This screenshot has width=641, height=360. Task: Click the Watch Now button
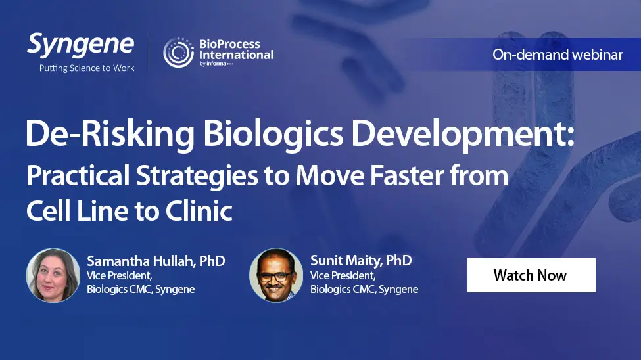[x=531, y=275]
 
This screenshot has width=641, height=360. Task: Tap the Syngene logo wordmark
[x=80, y=45]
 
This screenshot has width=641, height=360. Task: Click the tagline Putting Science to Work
[x=87, y=68]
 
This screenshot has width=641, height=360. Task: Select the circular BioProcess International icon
[x=178, y=53]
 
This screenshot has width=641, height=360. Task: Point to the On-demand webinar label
[x=558, y=55]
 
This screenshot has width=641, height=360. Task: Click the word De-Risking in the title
[x=110, y=134]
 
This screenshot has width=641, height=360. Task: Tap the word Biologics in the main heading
[x=273, y=134]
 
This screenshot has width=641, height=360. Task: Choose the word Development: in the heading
[x=463, y=134]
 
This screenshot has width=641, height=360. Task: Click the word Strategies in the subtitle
[x=197, y=175]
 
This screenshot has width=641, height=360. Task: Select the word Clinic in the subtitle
[x=199, y=210]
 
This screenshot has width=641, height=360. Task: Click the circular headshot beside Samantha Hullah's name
[x=53, y=275]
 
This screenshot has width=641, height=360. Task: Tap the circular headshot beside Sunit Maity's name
[x=276, y=275]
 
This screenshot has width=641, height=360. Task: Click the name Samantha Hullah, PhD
[x=156, y=261]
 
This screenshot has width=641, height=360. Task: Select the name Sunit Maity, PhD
[x=361, y=260]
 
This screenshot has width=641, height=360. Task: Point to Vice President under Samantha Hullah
[x=120, y=275]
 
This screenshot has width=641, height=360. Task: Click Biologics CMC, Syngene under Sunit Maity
[x=364, y=289]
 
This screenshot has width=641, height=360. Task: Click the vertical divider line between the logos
[x=149, y=53]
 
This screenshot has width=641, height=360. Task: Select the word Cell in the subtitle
[x=48, y=210]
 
